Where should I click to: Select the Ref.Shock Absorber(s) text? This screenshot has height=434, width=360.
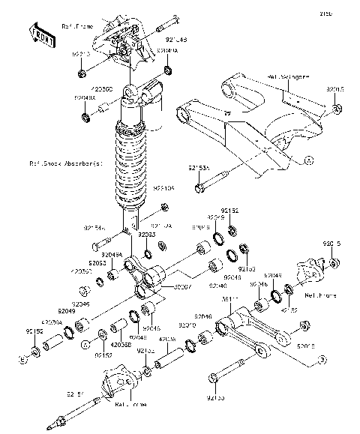click(64, 163)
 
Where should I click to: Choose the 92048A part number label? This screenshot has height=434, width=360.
click(85, 98)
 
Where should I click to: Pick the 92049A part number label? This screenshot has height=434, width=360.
click(112, 255)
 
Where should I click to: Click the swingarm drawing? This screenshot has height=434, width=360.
click(247, 120)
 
